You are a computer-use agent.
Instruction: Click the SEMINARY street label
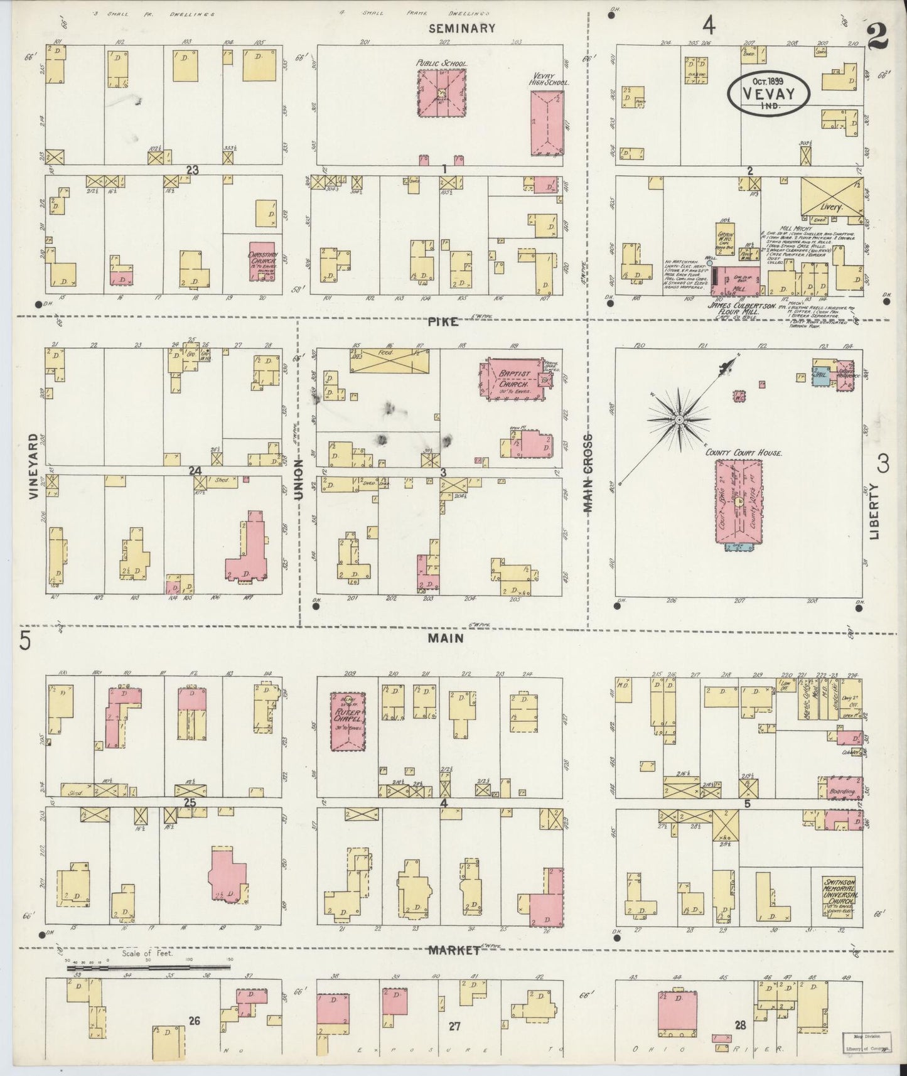click(x=462, y=28)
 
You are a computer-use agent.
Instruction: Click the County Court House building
click(x=741, y=502)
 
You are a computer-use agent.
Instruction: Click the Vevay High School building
click(x=547, y=122)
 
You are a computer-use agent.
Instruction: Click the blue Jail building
click(x=821, y=376)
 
